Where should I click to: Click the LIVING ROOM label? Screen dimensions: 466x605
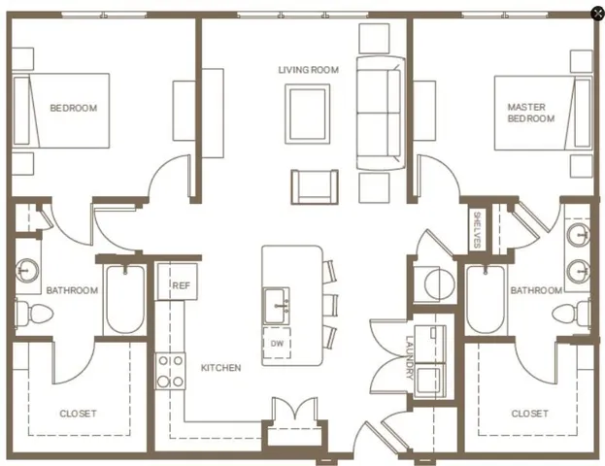coord(308,70)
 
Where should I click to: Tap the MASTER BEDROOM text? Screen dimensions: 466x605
coord(531,113)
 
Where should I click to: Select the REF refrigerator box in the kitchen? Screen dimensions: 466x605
coord(181,285)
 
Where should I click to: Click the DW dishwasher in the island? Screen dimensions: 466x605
coord(278,344)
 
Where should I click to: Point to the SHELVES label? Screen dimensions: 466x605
coord(478,228)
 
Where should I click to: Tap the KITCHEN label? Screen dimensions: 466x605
coord(220,368)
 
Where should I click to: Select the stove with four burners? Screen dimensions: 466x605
coord(171,369)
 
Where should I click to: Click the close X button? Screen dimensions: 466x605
coord(596,13)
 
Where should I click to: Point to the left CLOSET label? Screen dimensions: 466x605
coord(78,414)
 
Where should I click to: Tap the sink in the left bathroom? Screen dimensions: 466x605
coord(28,269)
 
